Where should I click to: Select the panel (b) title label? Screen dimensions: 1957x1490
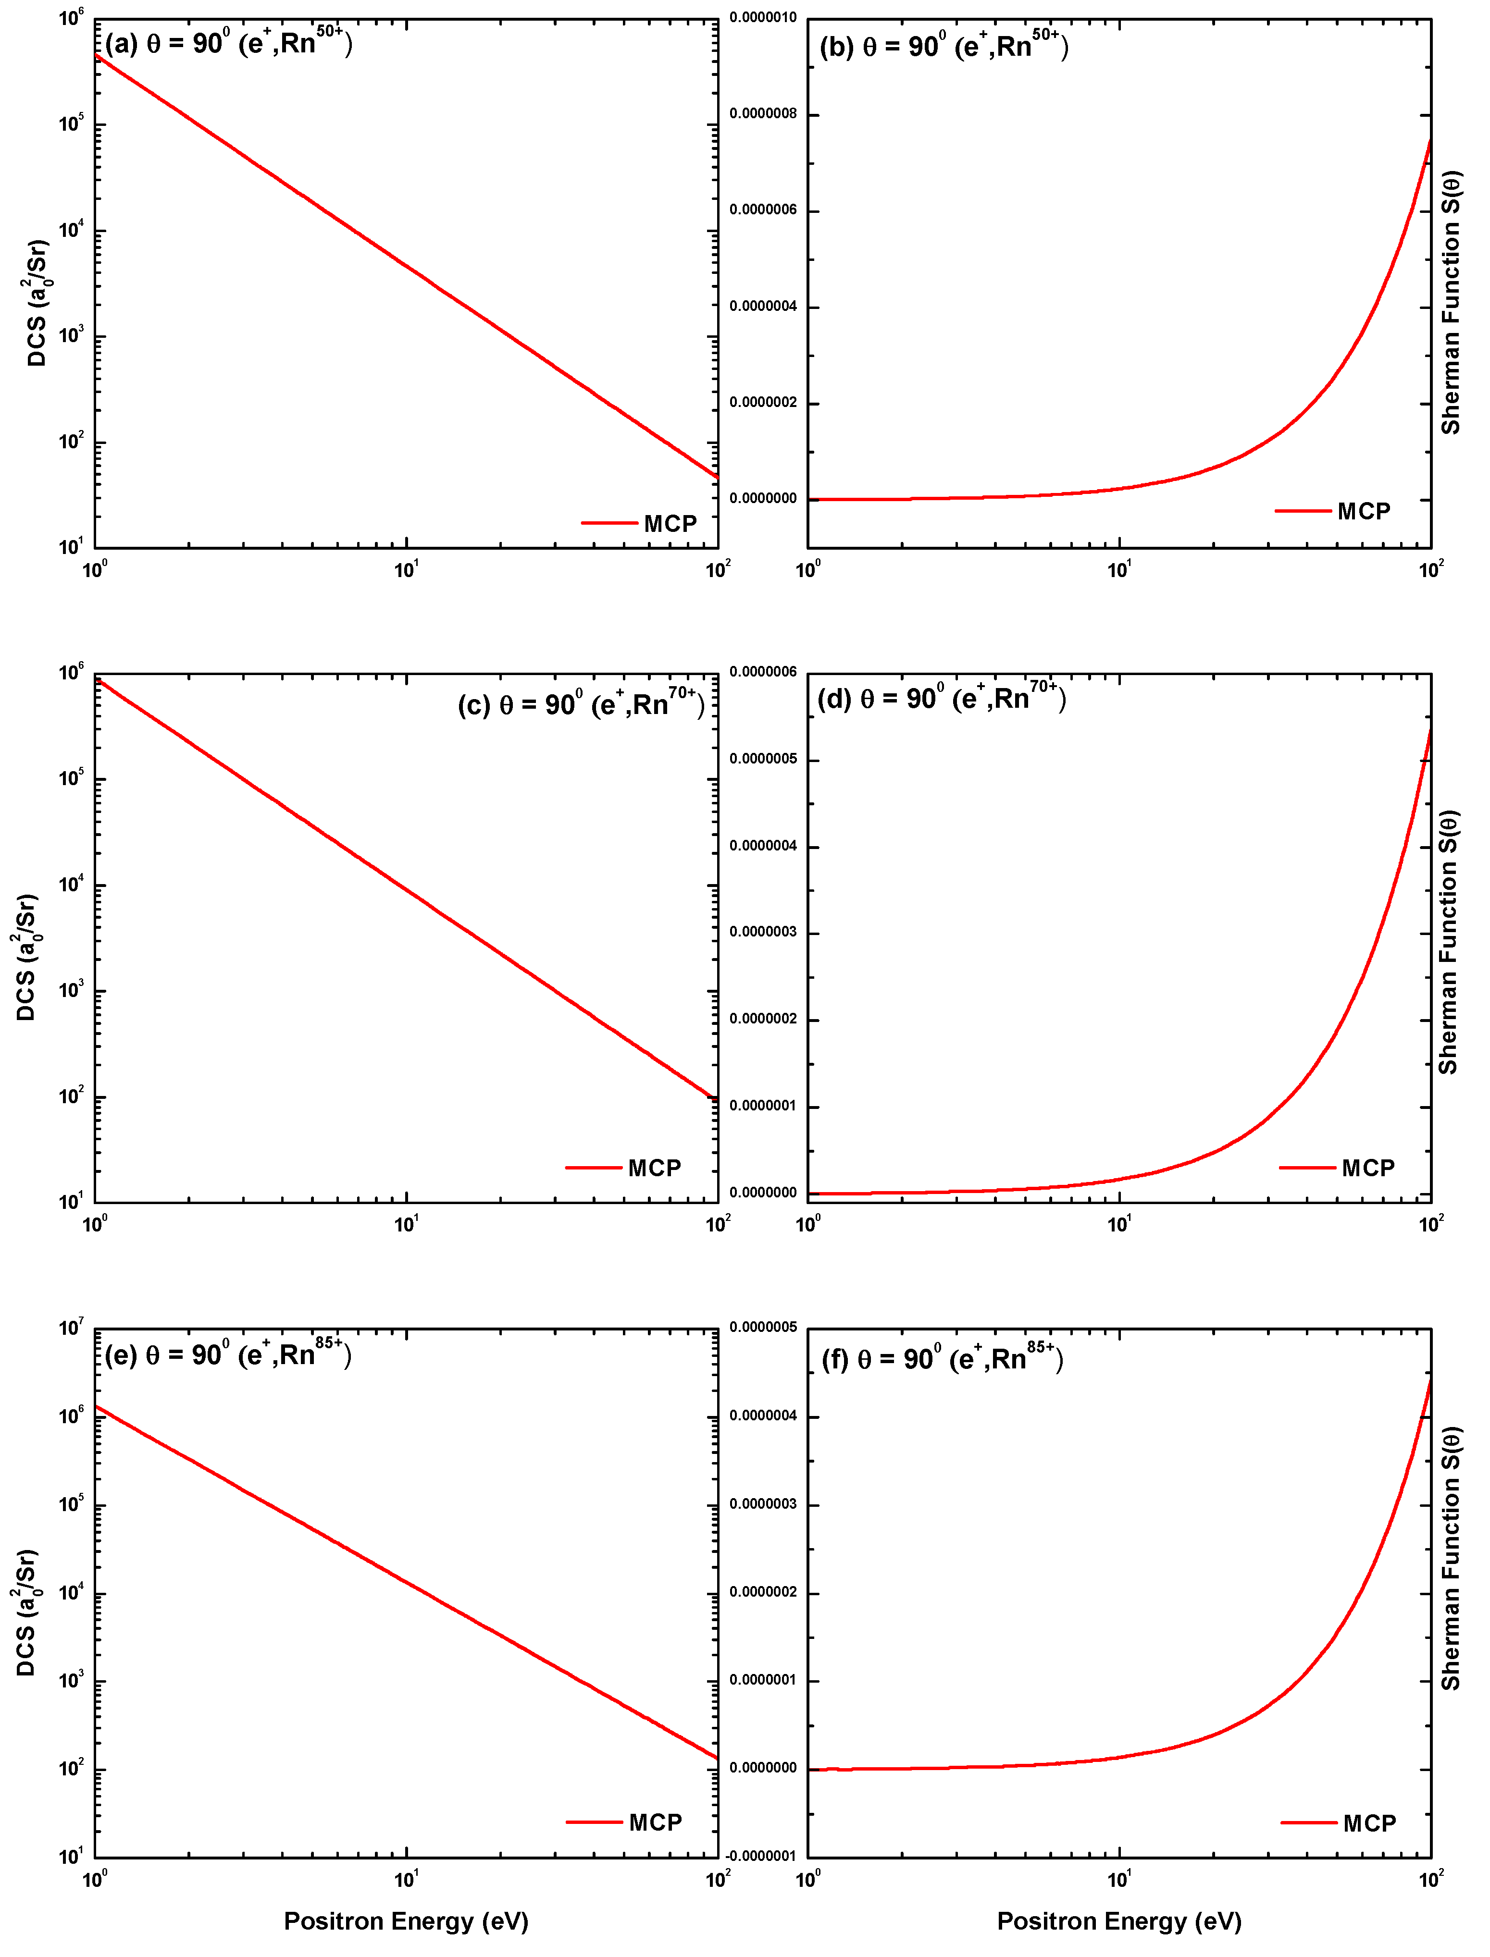(944, 44)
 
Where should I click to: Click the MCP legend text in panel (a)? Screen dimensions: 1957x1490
(670, 523)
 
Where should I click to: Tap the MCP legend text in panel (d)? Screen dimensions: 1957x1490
(1368, 1168)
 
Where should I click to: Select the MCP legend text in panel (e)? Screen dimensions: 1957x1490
(656, 1822)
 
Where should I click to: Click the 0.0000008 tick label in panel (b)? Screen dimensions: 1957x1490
(763, 113)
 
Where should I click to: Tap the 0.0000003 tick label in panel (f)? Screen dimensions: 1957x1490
(763, 1505)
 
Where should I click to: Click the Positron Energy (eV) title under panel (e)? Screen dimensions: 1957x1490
(406, 1920)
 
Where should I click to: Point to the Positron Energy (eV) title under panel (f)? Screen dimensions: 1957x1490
(1119, 1920)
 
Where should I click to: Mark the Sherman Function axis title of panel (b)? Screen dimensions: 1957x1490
(1451, 301)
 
